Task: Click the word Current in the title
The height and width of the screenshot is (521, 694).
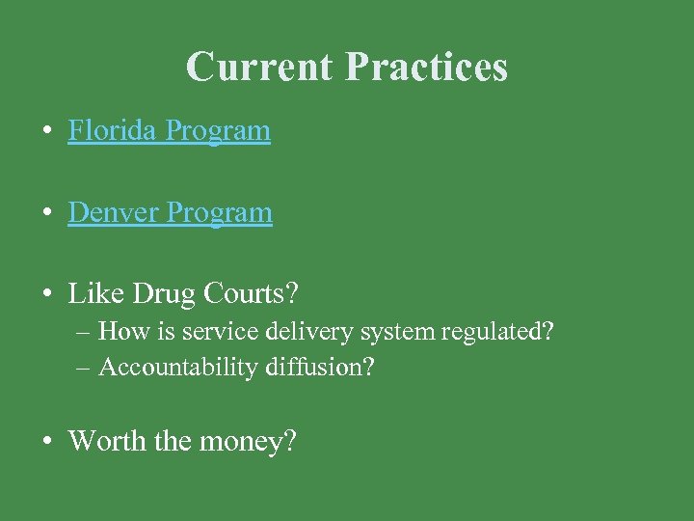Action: pos(260,67)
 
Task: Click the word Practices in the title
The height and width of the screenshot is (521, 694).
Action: pos(426,67)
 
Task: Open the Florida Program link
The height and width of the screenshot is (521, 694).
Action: pos(169,130)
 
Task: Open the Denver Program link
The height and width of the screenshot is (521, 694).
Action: pos(170,212)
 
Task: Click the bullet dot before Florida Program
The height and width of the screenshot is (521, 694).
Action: pos(46,131)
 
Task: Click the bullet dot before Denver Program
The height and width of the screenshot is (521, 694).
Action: pos(46,213)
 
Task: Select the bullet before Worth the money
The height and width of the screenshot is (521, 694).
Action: pos(46,442)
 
